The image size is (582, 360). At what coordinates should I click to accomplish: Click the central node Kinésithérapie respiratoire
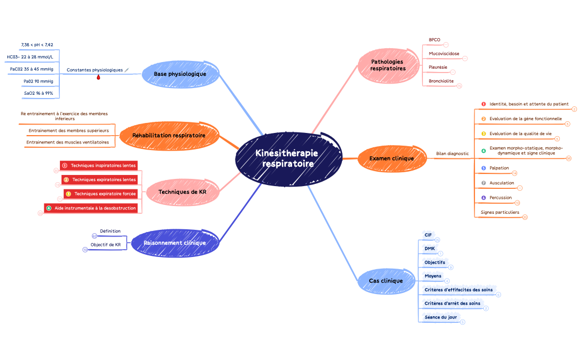click(x=288, y=159)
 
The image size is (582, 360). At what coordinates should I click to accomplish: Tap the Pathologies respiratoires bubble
click(x=387, y=65)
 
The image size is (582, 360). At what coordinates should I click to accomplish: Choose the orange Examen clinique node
click(x=391, y=158)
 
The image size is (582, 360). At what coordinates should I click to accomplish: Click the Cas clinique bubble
click(x=386, y=281)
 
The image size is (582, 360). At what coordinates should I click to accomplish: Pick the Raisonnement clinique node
click(x=175, y=243)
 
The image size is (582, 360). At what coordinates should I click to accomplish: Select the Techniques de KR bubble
click(x=182, y=192)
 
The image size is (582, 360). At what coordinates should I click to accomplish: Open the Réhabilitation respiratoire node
click(x=169, y=135)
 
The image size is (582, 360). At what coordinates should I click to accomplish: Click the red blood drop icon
click(x=99, y=78)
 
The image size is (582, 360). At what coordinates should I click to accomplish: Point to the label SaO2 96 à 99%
click(x=38, y=94)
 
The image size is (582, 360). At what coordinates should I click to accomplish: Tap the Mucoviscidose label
click(x=443, y=54)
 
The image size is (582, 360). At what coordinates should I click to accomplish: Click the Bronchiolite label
click(x=441, y=81)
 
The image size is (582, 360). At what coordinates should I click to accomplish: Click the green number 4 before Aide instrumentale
click(x=49, y=208)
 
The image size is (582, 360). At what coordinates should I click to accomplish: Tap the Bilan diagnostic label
click(x=452, y=153)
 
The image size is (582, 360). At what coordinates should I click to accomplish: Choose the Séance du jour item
click(x=441, y=317)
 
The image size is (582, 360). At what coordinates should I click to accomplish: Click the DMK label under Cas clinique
click(x=429, y=248)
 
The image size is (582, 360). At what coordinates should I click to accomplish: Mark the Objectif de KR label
click(x=105, y=244)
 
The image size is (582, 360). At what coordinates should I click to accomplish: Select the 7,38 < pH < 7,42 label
click(x=37, y=44)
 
